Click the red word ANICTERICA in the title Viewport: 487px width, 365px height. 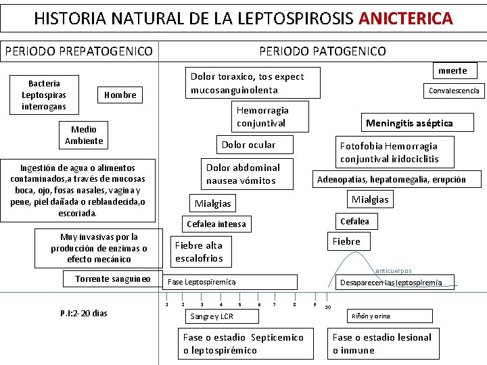[406, 18]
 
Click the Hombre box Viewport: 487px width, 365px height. [120, 95]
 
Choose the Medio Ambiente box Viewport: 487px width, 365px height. [84, 135]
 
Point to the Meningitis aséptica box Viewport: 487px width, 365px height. [409, 123]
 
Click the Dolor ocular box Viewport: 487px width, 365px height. [249, 145]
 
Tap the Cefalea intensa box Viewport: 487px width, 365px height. [216, 224]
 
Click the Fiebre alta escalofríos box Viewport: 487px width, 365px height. [199, 251]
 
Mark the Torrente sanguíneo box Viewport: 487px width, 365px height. [113, 278]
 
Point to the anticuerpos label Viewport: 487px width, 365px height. [394, 271]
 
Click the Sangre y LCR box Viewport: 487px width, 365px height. [212, 316]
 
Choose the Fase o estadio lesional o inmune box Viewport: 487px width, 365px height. [382, 344]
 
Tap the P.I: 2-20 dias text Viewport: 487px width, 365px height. [84, 313]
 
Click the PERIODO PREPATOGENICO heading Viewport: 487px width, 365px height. [78, 51]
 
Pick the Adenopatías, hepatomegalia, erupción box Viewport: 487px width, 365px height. [392, 179]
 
